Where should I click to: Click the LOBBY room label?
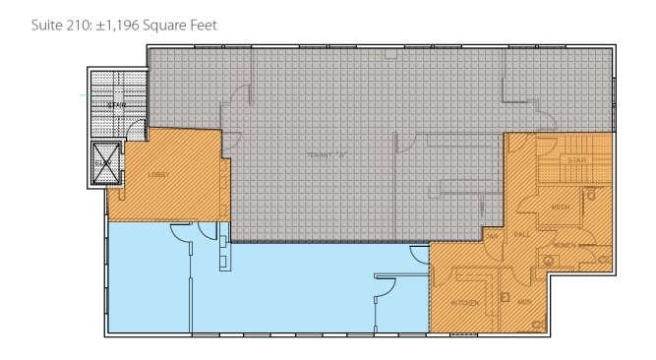158,175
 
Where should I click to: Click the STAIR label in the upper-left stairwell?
119,106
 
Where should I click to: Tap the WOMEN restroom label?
565,243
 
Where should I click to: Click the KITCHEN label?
465,302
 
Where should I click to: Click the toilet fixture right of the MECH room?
596,195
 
